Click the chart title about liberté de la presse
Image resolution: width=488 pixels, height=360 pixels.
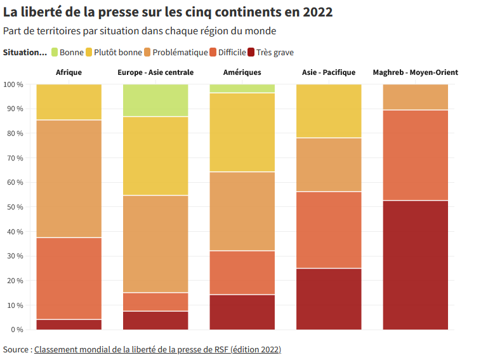pos(168,12)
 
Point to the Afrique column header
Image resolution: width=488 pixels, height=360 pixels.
pos(69,72)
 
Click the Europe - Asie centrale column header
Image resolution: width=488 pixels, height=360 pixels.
pos(155,72)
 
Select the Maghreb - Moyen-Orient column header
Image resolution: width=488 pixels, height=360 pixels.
pos(415,72)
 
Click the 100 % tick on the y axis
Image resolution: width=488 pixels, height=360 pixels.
pos(13,84)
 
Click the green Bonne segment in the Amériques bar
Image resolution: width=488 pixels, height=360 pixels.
pos(242,88)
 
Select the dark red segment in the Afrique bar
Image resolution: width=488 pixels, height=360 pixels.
pos(69,324)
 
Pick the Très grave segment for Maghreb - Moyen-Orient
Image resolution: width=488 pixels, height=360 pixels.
pos(415,265)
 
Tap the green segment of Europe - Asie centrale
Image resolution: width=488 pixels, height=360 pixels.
pos(155,100)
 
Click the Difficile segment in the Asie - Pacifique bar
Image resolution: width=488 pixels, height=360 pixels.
pos(329,230)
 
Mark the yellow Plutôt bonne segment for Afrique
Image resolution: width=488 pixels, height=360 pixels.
pos(69,102)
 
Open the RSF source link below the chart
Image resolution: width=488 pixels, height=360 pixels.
pos(157,349)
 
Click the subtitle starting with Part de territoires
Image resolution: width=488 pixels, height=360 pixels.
pos(139,30)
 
